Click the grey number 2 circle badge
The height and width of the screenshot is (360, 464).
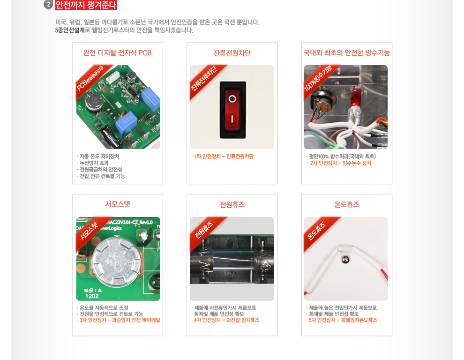click(48, 5)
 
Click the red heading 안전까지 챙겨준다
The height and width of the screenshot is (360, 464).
click(86, 5)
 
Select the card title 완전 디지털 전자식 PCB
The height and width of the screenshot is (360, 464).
click(118, 53)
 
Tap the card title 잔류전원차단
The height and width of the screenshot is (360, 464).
click(232, 53)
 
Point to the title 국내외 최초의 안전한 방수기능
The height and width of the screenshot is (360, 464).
click(347, 53)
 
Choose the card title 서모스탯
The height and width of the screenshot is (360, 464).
click(118, 204)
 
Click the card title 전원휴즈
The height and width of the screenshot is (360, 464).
click(232, 204)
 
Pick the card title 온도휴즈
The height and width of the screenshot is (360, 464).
click(347, 204)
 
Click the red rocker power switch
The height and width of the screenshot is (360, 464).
click(232, 110)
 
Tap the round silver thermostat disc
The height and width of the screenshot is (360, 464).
click(116, 261)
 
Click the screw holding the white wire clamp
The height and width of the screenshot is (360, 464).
click(345, 260)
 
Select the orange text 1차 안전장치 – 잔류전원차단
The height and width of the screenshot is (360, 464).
click(224, 157)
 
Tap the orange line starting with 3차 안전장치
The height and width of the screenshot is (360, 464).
click(120, 320)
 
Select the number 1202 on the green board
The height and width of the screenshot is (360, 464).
click(92, 296)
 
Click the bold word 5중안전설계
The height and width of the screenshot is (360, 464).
click(70, 30)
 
